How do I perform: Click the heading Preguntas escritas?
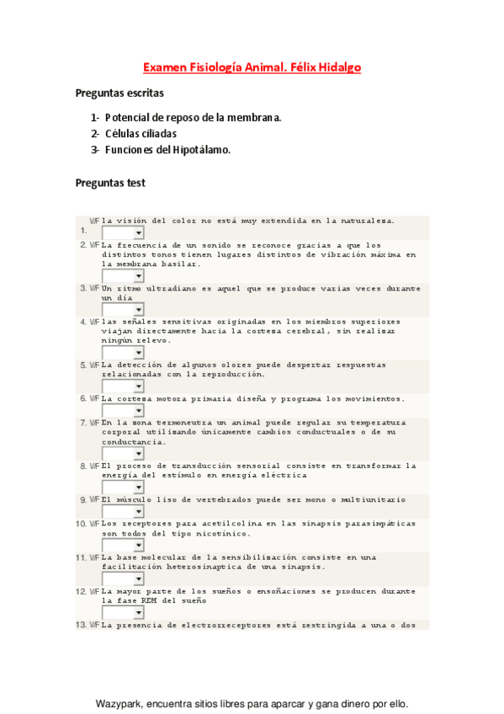click(x=119, y=93)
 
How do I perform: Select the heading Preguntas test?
click(x=110, y=182)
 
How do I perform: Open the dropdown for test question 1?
click(x=123, y=232)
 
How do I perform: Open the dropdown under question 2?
click(x=123, y=275)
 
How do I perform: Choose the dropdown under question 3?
click(x=123, y=309)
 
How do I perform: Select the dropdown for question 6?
click(x=123, y=410)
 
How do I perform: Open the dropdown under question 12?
click(x=123, y=612)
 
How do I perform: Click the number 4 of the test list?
click(x=83, y=322)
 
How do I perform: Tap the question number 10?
click(x=82, y=524)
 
